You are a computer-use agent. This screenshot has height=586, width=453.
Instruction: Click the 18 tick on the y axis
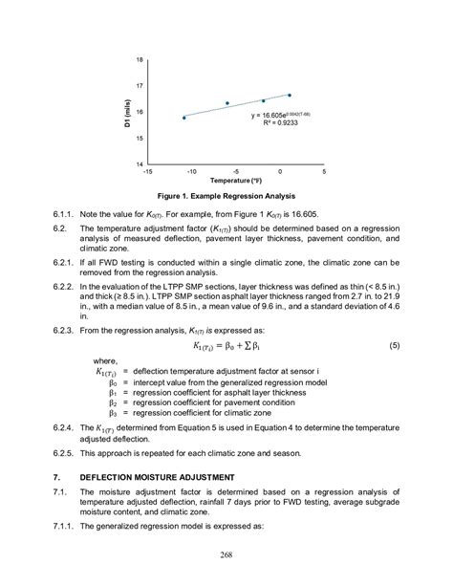pos(140,60)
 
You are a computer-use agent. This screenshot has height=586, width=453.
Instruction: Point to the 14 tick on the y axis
pos(140,163)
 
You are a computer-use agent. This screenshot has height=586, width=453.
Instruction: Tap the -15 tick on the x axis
pos(146,172)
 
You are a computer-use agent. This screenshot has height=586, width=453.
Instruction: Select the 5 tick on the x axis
pos(324,172)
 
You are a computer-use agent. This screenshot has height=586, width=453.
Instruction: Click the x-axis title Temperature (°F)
pos(236,180)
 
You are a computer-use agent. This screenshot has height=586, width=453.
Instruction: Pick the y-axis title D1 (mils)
pos(126,112)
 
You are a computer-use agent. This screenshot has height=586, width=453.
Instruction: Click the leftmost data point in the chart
pos(183,118)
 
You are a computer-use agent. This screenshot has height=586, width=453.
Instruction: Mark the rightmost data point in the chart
pos(289,95)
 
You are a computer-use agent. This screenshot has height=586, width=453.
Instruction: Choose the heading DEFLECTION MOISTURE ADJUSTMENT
pos(157,476)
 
